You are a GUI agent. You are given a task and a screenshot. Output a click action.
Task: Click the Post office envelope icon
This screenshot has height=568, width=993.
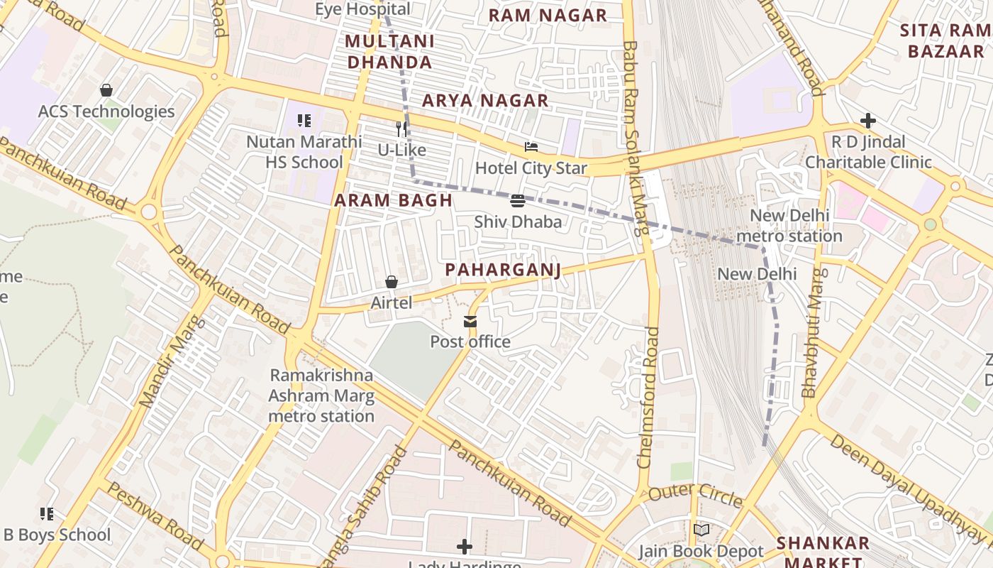470,322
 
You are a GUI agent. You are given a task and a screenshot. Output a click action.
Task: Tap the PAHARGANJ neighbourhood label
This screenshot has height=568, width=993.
503,270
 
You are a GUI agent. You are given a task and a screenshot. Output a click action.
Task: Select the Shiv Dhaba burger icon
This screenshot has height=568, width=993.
517,201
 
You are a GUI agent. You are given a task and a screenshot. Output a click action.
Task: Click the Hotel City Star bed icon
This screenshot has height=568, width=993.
531,147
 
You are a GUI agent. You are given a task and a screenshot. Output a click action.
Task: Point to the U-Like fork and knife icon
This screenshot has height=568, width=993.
401,129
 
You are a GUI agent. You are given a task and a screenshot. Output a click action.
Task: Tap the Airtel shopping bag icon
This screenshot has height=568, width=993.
391,283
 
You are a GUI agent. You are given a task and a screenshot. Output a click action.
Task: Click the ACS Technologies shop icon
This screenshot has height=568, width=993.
106,90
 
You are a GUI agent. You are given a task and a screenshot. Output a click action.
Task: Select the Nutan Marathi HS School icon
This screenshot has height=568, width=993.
304,121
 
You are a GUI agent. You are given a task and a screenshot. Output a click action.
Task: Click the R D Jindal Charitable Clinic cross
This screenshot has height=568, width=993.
867,121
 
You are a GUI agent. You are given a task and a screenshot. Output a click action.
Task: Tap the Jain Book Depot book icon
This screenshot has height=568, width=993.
701,530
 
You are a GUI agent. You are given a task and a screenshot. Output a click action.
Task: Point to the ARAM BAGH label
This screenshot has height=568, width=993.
393,200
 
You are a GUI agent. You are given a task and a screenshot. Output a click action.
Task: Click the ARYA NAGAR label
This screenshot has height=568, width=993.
485,101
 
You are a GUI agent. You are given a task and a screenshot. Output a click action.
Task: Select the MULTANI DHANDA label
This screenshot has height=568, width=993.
389,51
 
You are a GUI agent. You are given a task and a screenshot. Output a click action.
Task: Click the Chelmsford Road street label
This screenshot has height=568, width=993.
648,398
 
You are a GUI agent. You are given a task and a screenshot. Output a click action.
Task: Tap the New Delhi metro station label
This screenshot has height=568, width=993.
789,226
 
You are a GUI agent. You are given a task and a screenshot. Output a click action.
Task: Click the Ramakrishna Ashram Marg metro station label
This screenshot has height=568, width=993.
321,395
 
